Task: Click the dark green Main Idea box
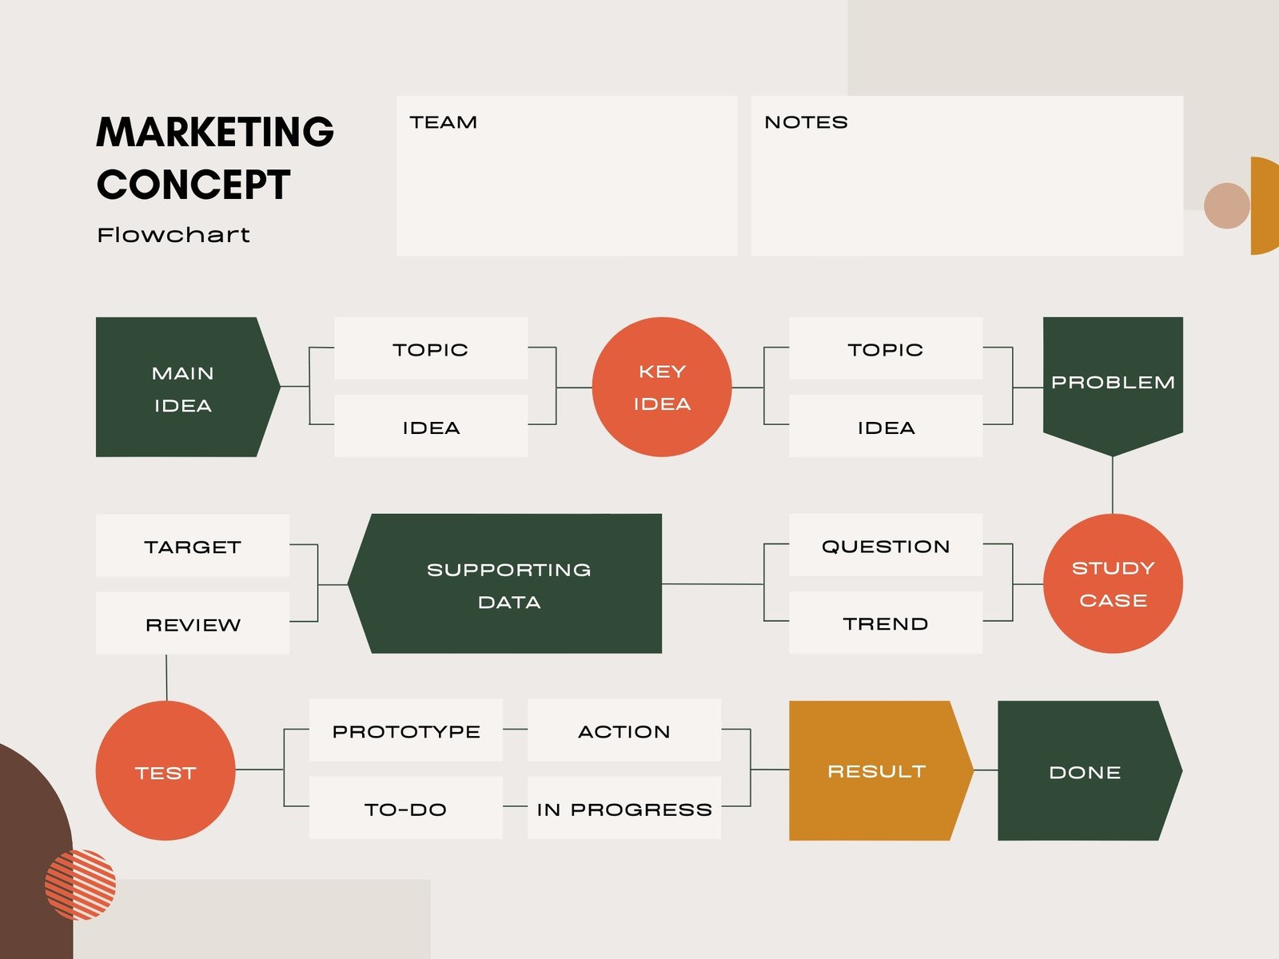point(184,387)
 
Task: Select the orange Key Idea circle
point(662,387)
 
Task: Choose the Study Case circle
point(1113,583)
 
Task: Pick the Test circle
point(165,770)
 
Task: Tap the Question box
point(886,545)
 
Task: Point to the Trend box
point(886,623)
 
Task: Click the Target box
point(193,546)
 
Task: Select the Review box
point(193,623)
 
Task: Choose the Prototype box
point(405,730)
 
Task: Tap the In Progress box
point(624,808)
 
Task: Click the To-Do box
point(405,808)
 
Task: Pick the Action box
point(624,730)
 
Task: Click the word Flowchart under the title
point(173,235)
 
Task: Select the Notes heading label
point(806,122)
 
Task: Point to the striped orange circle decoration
point(81,885)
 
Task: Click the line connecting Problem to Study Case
point(1113,485)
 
